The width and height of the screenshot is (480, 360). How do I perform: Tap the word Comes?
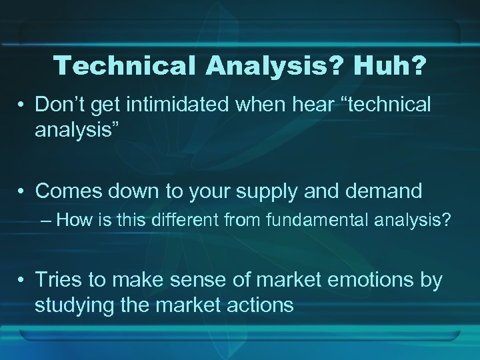point(70,191)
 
